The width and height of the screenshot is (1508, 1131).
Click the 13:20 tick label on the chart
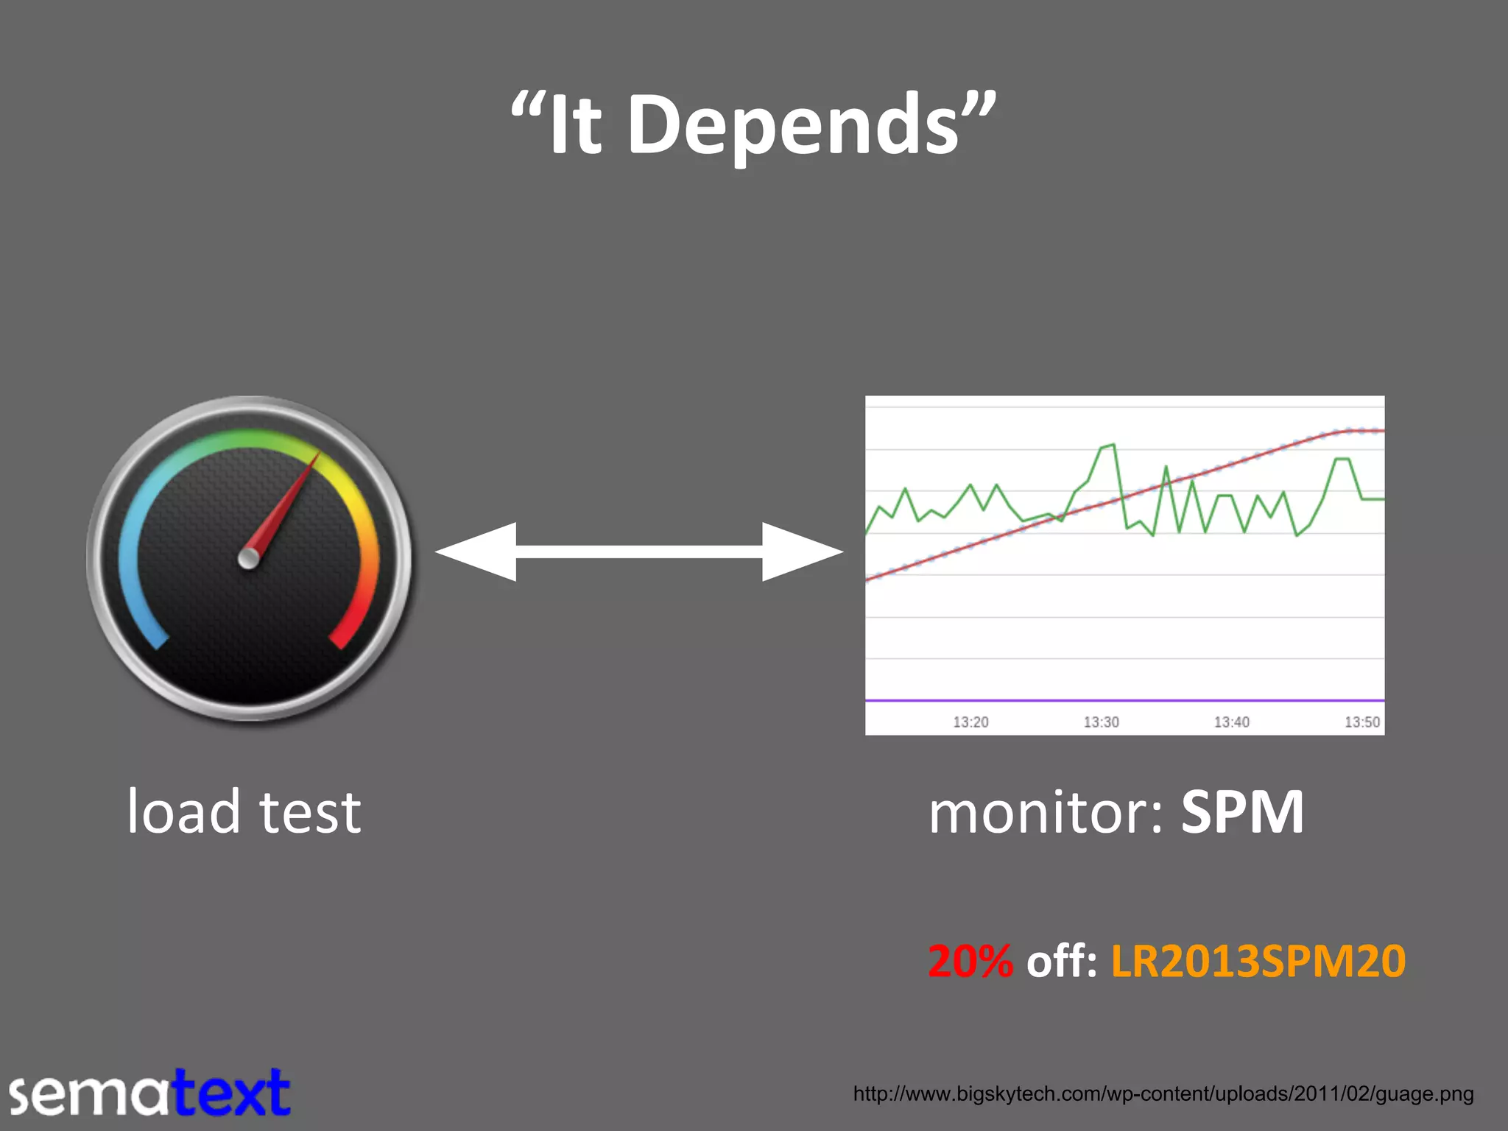click(970, 722)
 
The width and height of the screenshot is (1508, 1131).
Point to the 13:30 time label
click(1101, 722)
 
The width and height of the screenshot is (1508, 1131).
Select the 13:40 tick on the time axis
click(1231, 722)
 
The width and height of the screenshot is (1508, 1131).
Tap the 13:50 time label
click(1361, 722)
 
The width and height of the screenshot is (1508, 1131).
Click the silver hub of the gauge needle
click(249, 559)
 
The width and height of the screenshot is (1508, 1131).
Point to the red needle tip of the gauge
click(317, 456)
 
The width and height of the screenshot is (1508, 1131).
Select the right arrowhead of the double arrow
click(802, 552)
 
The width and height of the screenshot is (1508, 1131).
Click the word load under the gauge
click(183, 811)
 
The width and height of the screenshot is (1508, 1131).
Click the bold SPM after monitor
click(1242, 813)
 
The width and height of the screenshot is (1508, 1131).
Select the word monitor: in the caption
click(1046, 813)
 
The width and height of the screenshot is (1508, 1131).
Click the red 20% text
click(970, 962)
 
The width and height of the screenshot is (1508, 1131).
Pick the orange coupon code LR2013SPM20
click(1258, 962)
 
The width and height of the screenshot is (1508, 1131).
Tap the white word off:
click(1061, 962)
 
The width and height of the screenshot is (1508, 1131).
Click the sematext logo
click(150, 1093)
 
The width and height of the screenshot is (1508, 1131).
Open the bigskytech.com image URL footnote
click(1163, 1094)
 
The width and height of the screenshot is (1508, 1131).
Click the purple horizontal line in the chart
click(1124, 700)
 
